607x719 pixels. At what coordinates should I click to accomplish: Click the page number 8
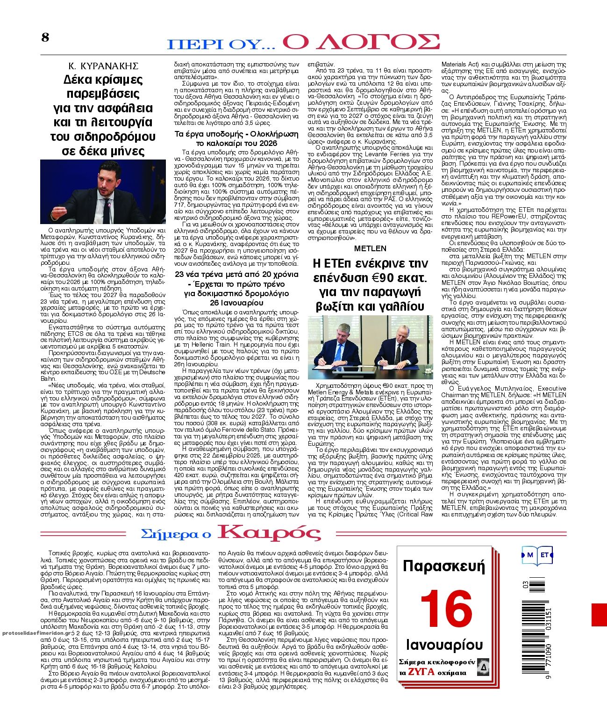tap(45, 37)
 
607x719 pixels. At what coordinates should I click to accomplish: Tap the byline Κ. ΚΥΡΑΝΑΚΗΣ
tap(103, 65)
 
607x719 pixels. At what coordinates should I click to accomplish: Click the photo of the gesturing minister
tap(103, 192)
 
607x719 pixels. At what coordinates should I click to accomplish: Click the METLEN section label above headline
tap(370, 248)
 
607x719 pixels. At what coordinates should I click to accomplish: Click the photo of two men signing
tap(370, 347)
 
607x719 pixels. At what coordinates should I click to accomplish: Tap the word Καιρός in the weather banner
tap(270, 533)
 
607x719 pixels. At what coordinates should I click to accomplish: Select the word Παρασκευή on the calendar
tap(444, 566)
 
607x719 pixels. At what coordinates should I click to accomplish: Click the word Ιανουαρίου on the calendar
tap(444, 645)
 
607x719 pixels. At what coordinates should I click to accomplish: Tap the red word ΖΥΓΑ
tap(421, 672)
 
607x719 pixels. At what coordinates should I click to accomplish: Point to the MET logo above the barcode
tap(537, 555)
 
